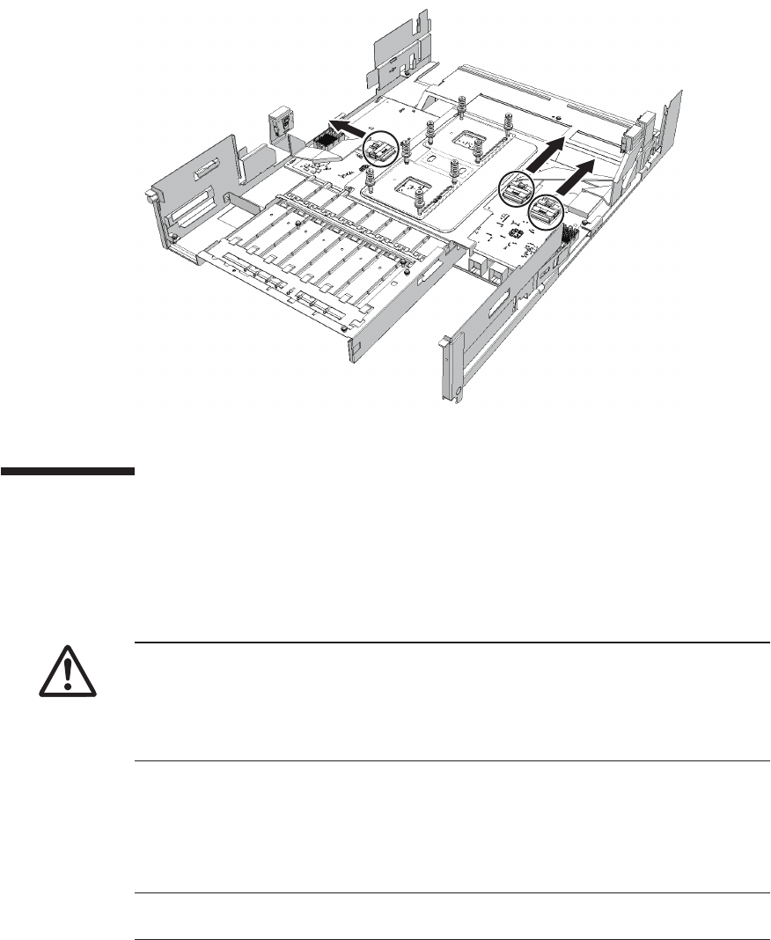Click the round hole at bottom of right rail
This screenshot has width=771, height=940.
pos(459,390)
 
